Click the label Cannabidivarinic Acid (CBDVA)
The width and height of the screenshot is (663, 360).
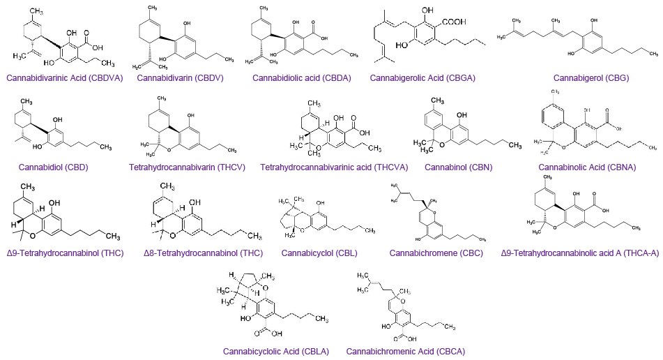63,78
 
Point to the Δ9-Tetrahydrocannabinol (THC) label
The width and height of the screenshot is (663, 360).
63,252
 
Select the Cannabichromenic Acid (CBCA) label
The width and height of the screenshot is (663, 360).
405,351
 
